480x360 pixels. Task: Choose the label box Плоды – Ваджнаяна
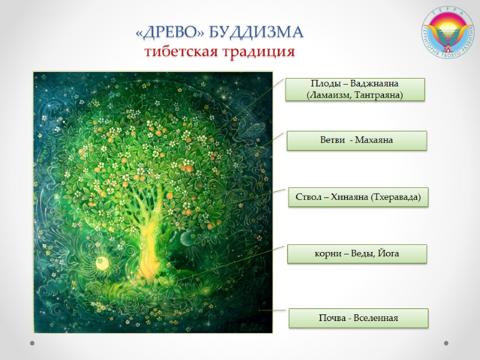pos(355,89)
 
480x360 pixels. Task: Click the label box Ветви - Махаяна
pos(356,140)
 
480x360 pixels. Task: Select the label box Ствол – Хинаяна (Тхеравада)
pos(359,197)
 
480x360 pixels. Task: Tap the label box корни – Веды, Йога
pos(356,254)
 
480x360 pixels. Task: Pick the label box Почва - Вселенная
pos(358,318)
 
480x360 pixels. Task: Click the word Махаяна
pos(374,140)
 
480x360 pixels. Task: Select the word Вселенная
pos(376,318)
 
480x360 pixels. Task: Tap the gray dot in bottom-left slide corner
pos(32,343)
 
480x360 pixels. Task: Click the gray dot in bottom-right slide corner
pos(446,343)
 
